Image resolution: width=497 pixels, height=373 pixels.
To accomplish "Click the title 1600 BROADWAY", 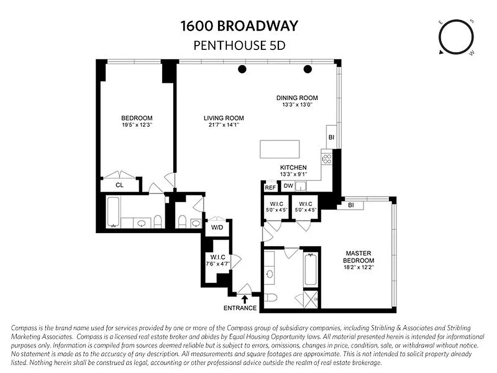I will [239, 26].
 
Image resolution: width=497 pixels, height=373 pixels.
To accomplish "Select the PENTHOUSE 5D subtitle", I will [239, 46].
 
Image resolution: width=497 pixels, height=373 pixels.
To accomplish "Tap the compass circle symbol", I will [456, 37].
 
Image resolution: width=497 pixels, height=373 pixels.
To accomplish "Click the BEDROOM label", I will [136, 118].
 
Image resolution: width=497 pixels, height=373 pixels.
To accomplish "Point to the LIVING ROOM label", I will [224, 118].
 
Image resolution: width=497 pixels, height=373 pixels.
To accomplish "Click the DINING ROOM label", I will [297, 98].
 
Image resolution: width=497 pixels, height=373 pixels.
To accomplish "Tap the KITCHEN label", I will [293, 168].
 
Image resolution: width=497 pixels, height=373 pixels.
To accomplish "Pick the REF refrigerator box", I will [270, 187].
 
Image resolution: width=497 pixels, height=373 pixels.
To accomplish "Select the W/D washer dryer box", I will [217, 228].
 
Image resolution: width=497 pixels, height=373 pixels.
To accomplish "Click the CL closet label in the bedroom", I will [120, 185].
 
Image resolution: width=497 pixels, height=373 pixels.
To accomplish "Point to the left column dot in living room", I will [242, 69].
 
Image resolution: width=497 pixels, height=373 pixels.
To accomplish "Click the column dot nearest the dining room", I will [307, 69].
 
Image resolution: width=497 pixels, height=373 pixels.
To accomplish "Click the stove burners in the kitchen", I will [327, 159].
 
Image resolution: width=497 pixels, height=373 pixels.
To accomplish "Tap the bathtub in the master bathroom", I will [311, 270].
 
